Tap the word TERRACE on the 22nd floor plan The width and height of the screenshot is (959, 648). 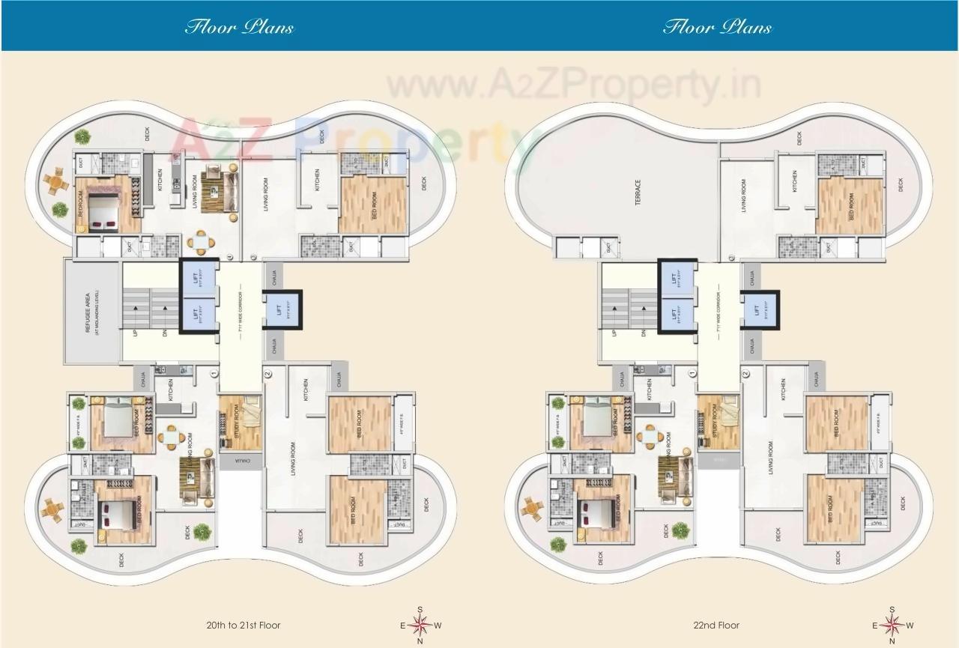coord(638,193)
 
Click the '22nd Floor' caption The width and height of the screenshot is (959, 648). coord(717,625)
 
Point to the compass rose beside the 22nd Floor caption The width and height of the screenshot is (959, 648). coord(892,625)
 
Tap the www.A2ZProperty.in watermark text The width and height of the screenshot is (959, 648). coord(573,84)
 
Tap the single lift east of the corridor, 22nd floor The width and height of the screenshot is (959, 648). coord(758,309)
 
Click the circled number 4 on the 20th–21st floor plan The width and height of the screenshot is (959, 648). coord(229,257)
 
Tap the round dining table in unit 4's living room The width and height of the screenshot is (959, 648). coord(200,241)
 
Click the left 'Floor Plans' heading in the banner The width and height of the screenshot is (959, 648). coord(239,28)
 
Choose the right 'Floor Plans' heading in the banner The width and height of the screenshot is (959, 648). coord(717,28)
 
